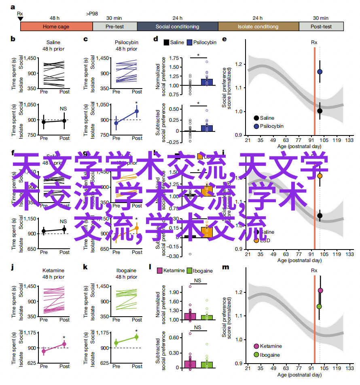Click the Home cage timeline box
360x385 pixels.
point(56,27)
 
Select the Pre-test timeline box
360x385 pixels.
point(115,27)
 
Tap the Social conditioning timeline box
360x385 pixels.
point(177,27)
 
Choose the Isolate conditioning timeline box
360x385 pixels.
point(258,27)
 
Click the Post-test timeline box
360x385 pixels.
point(322,27)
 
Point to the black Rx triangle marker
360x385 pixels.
point(20,19)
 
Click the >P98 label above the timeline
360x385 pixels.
point(92,14)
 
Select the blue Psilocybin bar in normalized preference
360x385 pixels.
point(196,82)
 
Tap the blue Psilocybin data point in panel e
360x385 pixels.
point(320,72)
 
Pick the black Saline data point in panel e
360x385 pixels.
point(320,111)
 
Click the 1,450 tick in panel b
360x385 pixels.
point(32,58)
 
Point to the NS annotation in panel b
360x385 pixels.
point(63,109)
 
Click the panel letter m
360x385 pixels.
point(225,267)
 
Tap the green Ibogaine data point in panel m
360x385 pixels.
point(319,306)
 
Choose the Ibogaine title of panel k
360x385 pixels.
point(126,270)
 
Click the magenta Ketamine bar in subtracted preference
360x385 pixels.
point(190,364)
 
